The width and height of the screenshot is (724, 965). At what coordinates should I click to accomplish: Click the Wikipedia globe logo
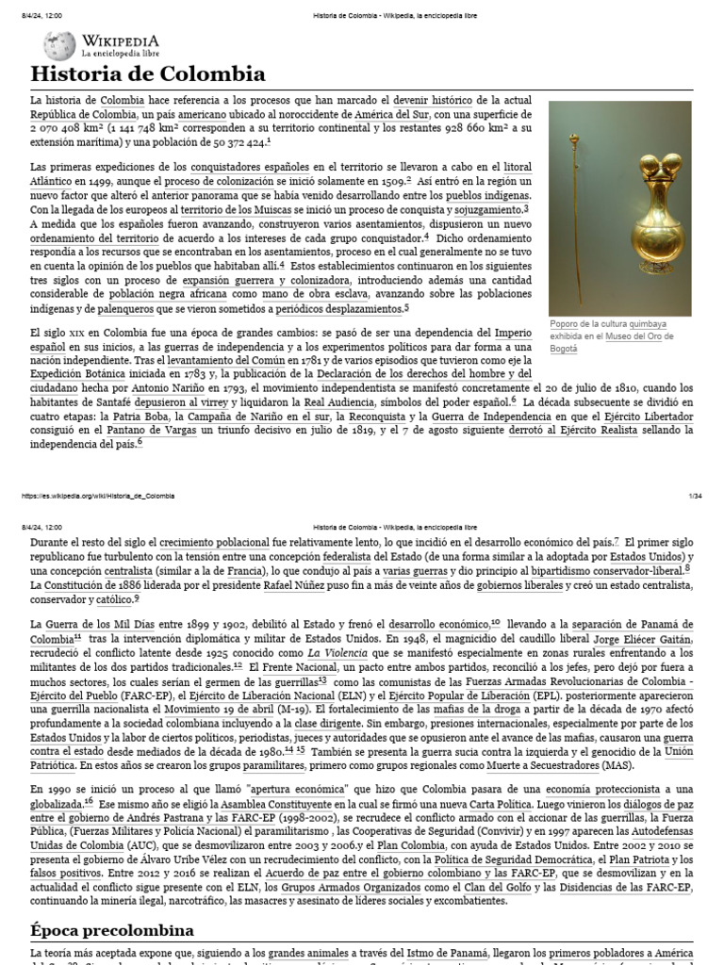point(58,44)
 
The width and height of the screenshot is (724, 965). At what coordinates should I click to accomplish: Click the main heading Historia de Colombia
point(148,74)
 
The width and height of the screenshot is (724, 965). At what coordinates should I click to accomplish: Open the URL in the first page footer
point(94,495)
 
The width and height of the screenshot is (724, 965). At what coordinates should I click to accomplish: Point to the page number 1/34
point(697,495)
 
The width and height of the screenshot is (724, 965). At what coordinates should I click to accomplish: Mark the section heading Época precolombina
point(112,930)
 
